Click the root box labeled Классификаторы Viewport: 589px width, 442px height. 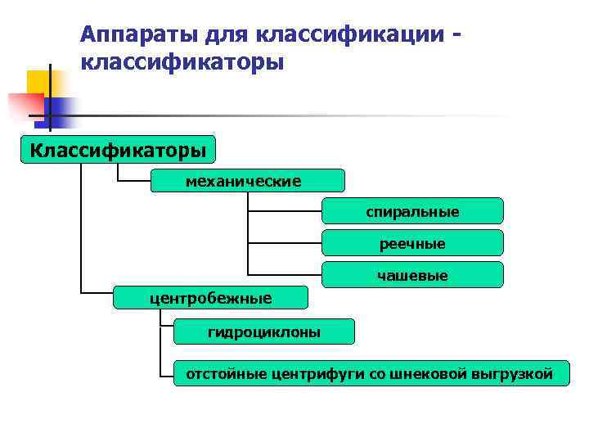[x=119, y=151]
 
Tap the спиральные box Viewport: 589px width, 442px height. [x=412, y=211]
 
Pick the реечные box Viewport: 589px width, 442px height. [x=412, y=243]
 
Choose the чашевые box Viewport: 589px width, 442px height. [x=412, y=276]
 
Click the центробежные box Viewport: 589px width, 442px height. [x=209, y=297]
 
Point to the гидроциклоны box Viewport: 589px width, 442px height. [x=264, y=331]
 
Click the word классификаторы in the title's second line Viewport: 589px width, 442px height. [x=182, y=62]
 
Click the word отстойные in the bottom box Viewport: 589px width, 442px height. [x=220, y=375]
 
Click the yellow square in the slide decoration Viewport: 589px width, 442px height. [x=40, y=82]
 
